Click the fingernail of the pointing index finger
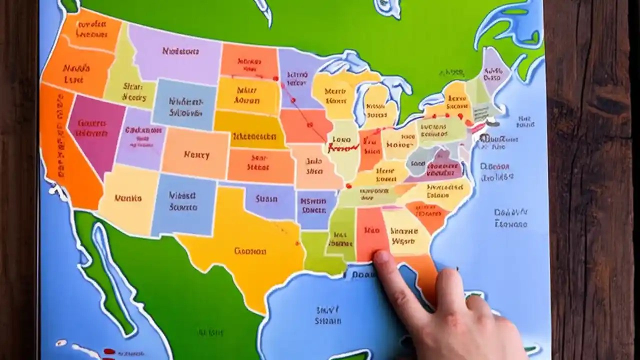click(x=382, y=257)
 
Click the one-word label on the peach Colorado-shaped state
click(x=196, y=154)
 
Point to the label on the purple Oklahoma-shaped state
click(x=266, y=198)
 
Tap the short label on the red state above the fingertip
click(x=372, y=231)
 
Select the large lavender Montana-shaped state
click(x=175, y=52)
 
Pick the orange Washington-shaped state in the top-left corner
click(x=90, y=30)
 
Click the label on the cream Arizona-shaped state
click(x=128, y=198)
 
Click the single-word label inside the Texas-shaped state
click(x=250, y=251)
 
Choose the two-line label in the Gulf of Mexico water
click(x=328, y=315)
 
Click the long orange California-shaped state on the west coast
click(x=62, y=150)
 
